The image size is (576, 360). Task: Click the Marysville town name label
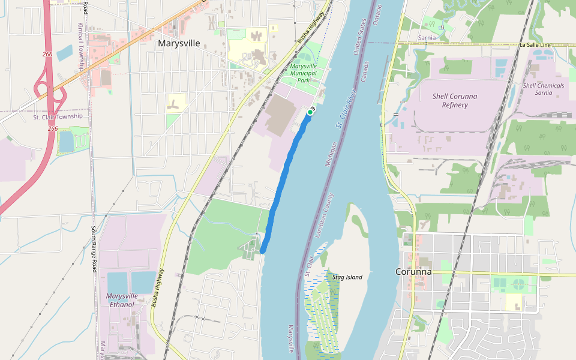179,43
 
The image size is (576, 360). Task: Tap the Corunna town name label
413,271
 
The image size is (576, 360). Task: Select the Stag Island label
347,277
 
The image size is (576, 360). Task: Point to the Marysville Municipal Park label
303,73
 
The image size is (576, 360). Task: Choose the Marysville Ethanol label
122,300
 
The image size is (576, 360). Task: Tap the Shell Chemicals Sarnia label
543,89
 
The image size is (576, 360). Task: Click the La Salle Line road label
536,45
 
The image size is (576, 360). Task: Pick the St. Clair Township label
58,117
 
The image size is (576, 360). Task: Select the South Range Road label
94,249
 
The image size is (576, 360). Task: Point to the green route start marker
310,112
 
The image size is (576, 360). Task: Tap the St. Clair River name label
346,110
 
